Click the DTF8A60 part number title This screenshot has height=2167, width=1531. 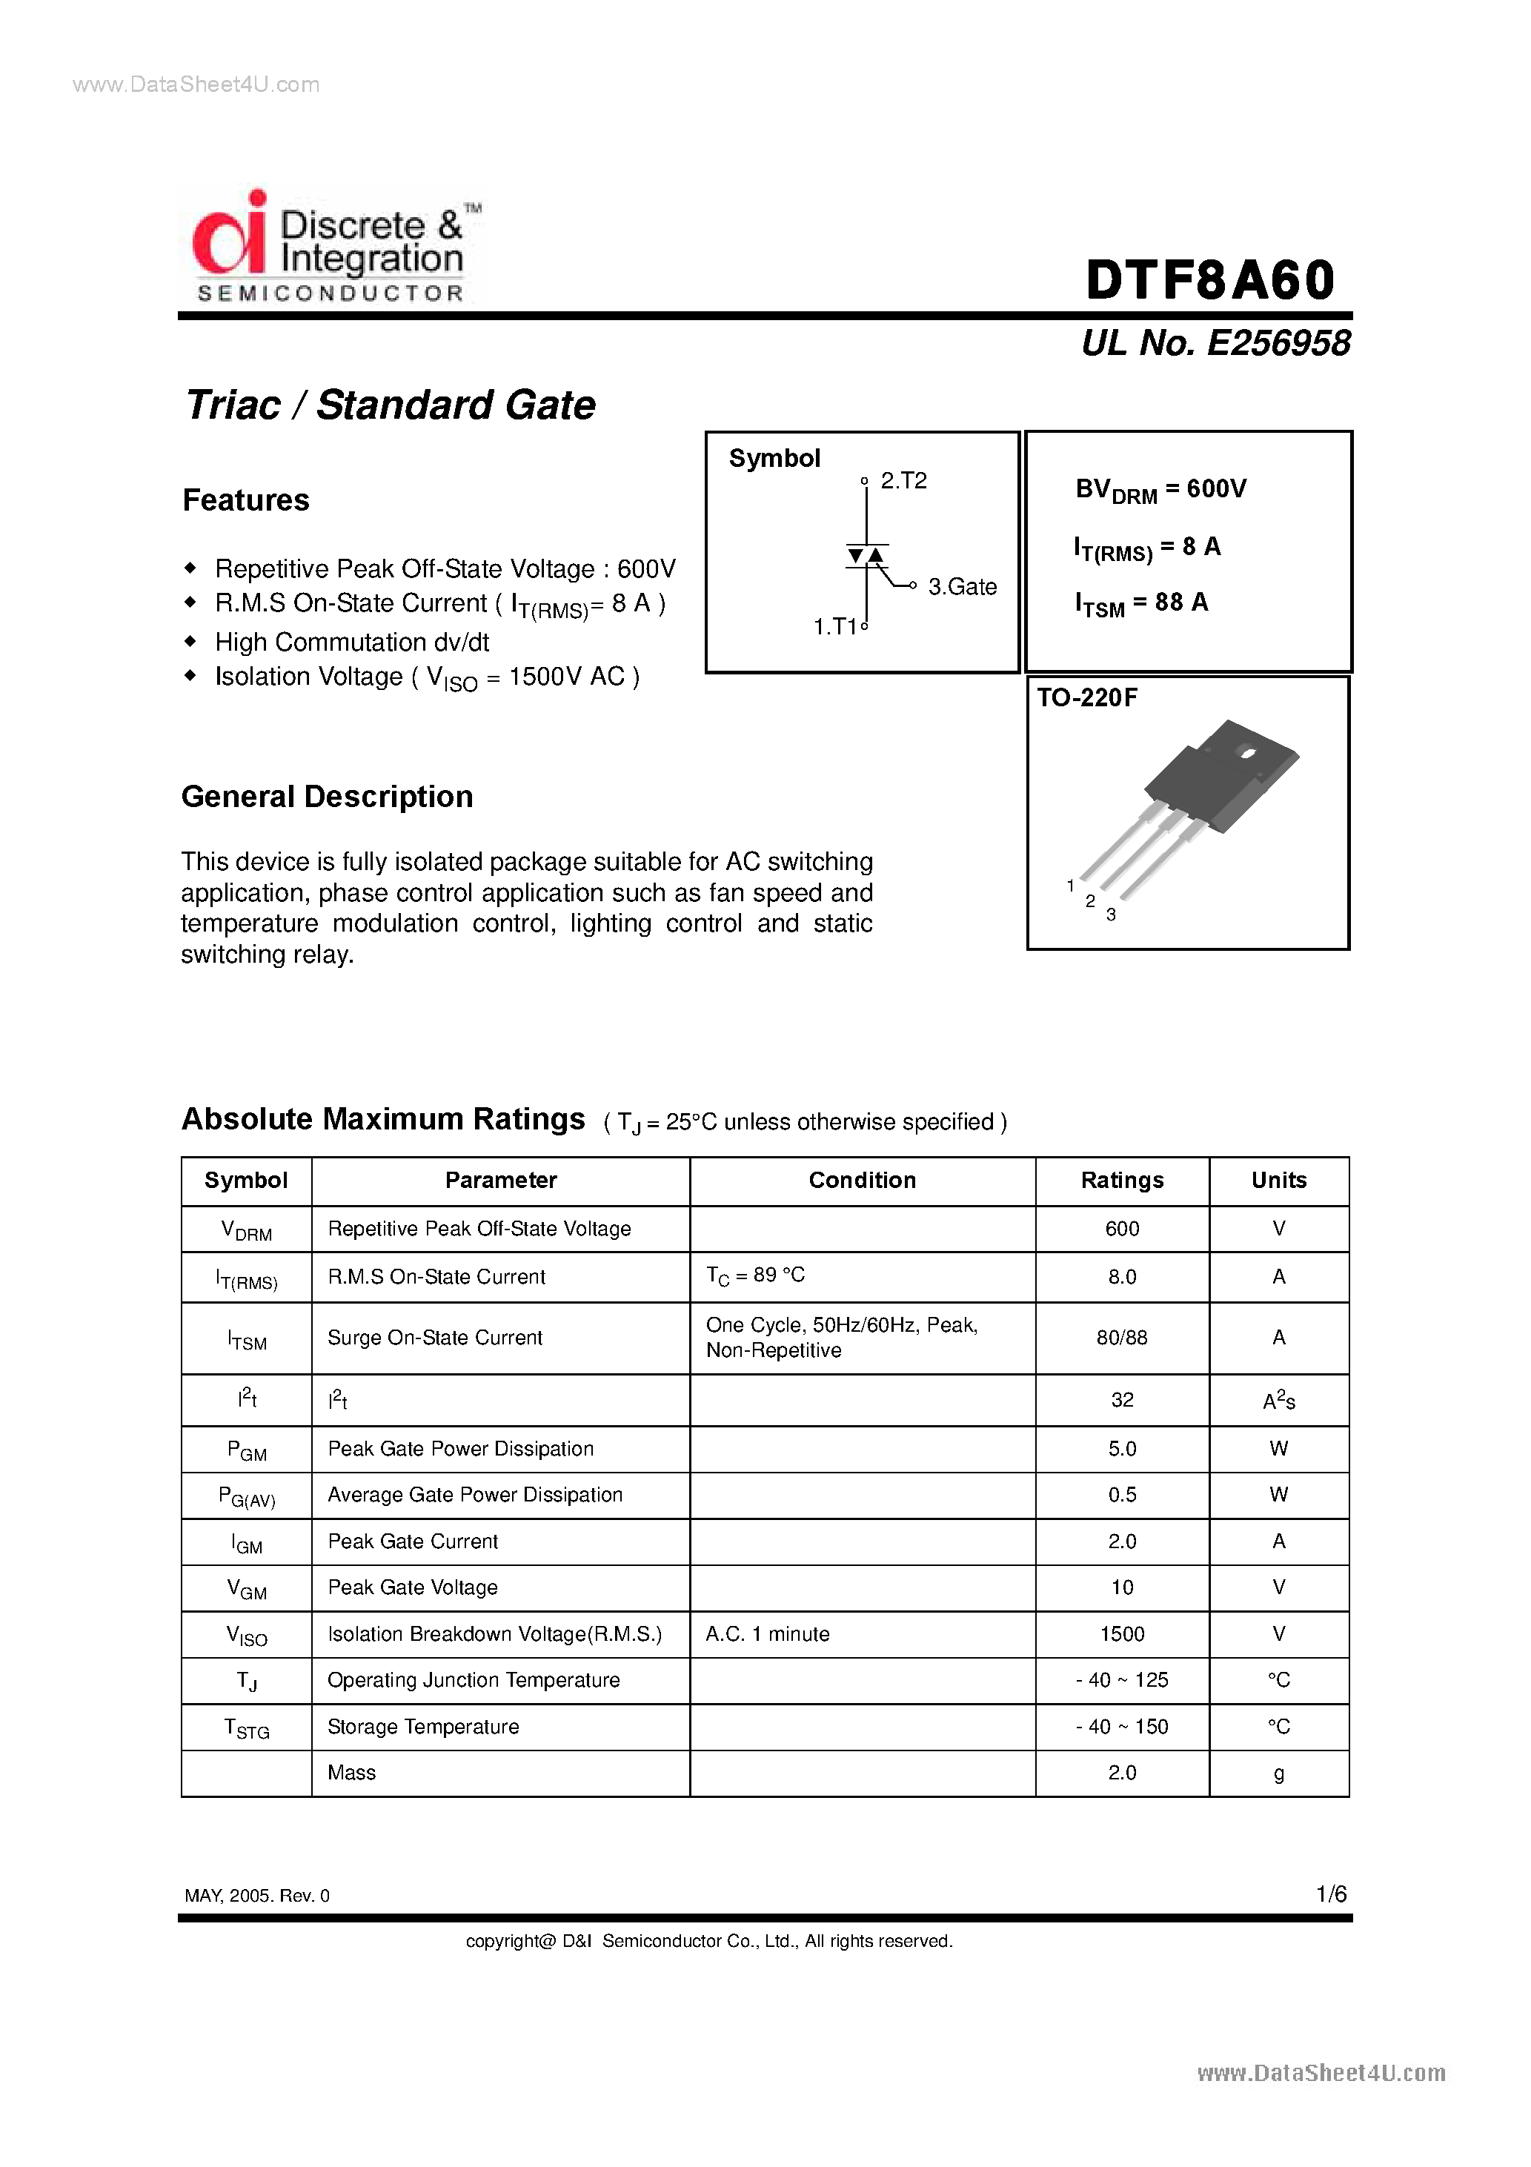pos(1210,279)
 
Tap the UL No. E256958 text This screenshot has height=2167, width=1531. pos(1216,342)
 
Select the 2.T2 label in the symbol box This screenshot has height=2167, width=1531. pos(903,480)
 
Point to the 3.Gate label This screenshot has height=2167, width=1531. pos(962,587)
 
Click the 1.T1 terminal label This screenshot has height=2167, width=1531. pos(835,627)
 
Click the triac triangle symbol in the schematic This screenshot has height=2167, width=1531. pos(866,556)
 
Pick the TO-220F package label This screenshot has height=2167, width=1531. pos(1087,697)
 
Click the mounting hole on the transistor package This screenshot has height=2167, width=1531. pos(1247,752)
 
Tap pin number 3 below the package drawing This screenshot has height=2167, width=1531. pos(1111,915)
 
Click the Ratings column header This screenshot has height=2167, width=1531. pos(1121,1180)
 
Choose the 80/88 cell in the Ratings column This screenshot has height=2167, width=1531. pos(1121,1338)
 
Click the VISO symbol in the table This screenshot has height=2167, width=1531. pos(246,1636)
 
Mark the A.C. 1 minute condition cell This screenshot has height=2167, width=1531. pos(768,1633)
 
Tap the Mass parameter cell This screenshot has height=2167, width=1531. pos(351,1773)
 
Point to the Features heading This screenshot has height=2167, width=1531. pos(245,500)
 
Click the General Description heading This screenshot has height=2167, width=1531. pos(327,797)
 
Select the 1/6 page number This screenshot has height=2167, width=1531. pos(1331,1894)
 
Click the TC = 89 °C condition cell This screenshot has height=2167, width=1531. pos(755,1276)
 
